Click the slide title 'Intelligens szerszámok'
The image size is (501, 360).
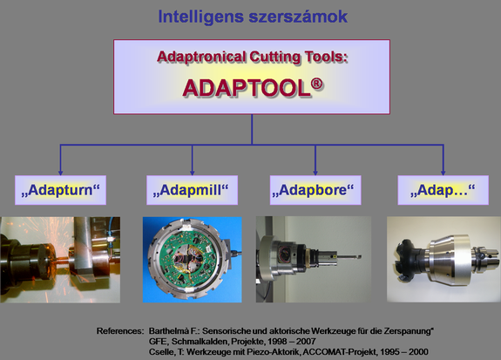pos(253,17)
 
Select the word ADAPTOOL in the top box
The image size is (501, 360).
pos(247,88)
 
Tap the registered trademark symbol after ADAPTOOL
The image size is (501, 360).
pos(317,84)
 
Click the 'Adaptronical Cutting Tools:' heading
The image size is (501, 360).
pos(252,58)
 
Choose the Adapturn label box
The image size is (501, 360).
pos(60,190)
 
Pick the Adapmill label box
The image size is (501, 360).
pos(192,190)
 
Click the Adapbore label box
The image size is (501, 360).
pos(315,190)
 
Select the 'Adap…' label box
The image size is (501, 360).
pos(443,190)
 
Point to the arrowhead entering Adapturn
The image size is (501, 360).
pos(60,173)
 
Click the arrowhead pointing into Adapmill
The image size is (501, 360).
pos(192,173)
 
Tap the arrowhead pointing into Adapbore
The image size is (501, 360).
pos(315,173)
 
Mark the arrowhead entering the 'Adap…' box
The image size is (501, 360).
pos(443,173)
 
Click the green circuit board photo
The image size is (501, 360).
pos(193,260)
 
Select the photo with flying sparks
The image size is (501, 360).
pos(60,260)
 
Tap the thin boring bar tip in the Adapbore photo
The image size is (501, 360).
pos(359,256)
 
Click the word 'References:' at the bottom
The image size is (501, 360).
pos(120,331)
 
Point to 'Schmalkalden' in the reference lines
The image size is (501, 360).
pos(200,342)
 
